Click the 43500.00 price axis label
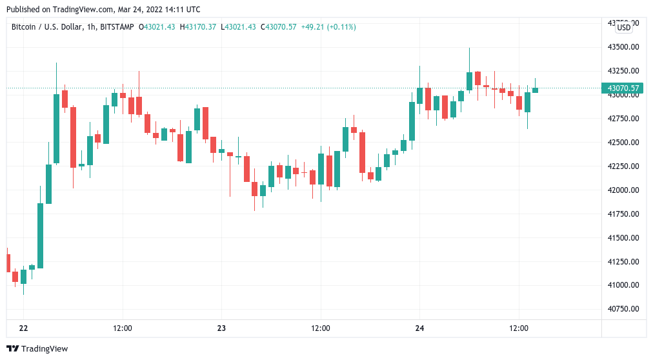[623, 47]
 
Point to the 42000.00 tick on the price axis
[623, 190]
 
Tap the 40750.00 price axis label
[623, 309]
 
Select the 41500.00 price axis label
[623, 238]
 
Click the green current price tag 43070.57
[623, 88]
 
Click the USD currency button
[624, 28]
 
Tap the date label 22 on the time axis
[24, 328]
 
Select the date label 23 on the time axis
[221, 328]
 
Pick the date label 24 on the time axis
[419, 328]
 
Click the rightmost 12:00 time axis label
[519, 328]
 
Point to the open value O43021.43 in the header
[159, 27]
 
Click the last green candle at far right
[535, 90]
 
